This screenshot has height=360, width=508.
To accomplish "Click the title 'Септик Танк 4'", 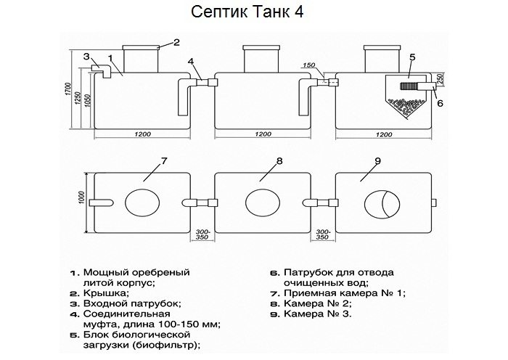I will point(253,13).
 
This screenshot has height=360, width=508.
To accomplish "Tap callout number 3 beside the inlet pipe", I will point(86,56).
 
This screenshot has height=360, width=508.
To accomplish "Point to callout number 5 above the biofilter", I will point(411,56).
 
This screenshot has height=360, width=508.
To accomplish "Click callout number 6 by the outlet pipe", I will point(439,104).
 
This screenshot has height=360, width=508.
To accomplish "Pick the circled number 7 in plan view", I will point(164,160).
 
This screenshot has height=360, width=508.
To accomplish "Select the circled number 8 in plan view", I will point(279,160).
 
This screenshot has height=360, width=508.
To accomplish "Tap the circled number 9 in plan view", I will point(398,160).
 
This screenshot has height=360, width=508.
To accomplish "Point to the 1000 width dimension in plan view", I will point(81,198).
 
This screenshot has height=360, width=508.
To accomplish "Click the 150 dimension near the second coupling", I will point(309,66).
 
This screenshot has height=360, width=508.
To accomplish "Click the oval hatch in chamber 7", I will point(144,202).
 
